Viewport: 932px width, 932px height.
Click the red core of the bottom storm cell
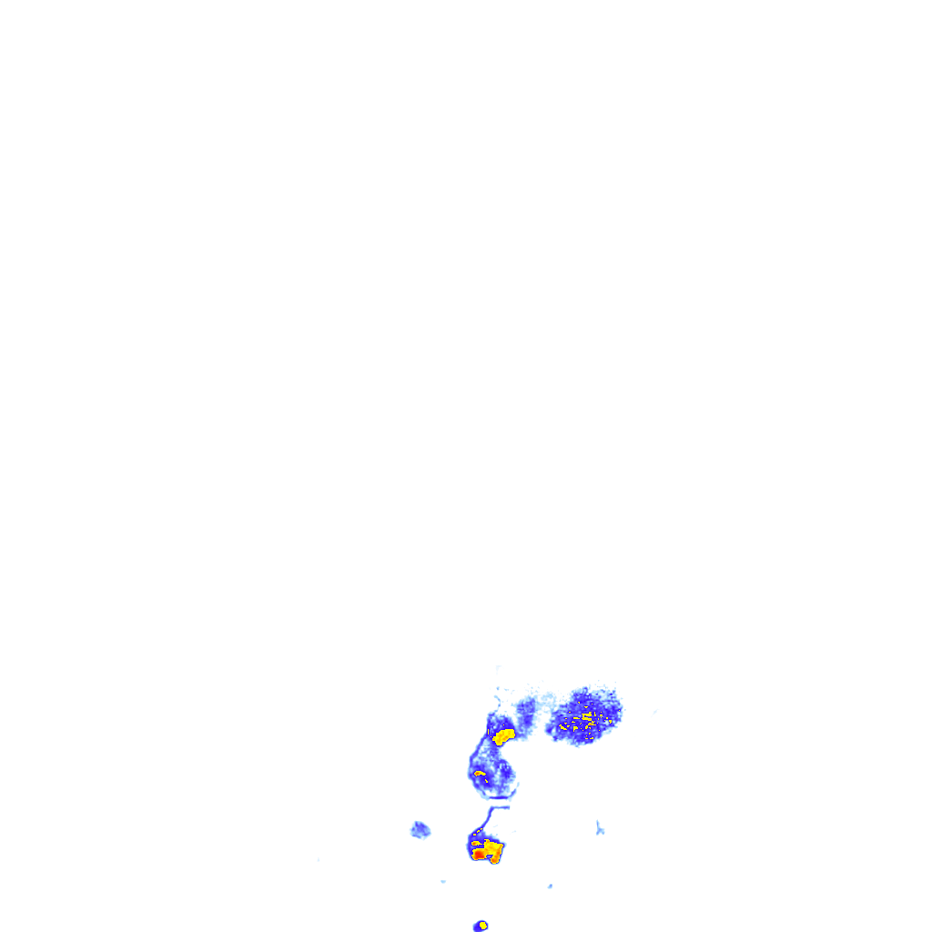[479, 854]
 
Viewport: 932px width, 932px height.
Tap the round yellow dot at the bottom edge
[483, 926]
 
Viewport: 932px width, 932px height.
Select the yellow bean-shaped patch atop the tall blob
[503, 734]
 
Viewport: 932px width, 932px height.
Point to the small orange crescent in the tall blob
[480, 774]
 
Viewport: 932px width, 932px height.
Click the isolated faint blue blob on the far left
[420, 829]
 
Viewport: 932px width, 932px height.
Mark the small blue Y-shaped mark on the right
[599, 827]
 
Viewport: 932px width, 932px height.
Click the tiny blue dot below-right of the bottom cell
[550, 886]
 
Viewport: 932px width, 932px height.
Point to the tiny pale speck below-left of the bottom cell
[443, 881]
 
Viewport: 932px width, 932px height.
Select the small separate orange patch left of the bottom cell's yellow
[476, 843]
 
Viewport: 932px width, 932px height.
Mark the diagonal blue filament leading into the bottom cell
[483, 822]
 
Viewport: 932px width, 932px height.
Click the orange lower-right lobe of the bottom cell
[496, 858]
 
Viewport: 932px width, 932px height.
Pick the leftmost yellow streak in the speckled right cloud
[564, 726]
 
